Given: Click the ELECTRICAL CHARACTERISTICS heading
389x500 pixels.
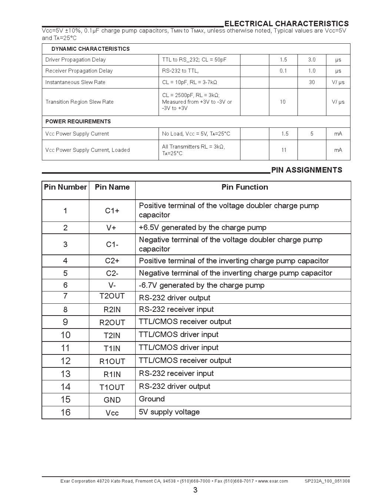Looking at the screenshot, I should click(x=286, y=24).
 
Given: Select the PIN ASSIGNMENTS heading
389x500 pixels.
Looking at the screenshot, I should click(x=306, y=170).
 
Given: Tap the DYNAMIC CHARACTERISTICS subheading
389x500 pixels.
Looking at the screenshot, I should click(x=90, y=49).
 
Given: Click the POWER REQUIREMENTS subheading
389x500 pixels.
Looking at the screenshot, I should click(x=78, y=121).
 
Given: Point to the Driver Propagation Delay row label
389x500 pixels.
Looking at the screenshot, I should click(x=75, y=60).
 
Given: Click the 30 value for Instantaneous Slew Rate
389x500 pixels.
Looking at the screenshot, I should click(x=312, y=82).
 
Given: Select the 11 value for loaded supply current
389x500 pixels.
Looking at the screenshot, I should click(x=283, y=150).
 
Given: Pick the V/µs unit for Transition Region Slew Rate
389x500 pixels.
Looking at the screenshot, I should click(x=338, y=102).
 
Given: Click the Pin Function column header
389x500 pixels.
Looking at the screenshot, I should click(x=245, y=187).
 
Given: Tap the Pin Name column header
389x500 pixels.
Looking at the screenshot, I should click(x=112, y=187).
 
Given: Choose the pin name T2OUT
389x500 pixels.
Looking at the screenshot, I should click(x=112, y=296).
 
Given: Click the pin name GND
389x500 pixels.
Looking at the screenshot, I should click(x=112, y=400).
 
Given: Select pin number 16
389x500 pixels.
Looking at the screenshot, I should click(x=65, y=412).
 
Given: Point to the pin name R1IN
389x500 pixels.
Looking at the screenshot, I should click(x=112, y=374).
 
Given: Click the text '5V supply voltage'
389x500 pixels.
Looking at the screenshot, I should click(x=169, y=412).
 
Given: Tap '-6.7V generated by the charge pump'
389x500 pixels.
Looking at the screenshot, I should click(x=202, y=285).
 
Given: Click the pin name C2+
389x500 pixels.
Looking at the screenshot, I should click(x=112, y=261).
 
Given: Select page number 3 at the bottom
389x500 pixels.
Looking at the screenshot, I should click(x=195, y=490).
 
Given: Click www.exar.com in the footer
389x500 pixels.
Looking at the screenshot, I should click(x=273, y=481).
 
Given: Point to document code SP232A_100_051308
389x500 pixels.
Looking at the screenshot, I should click(x=327, y=481).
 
